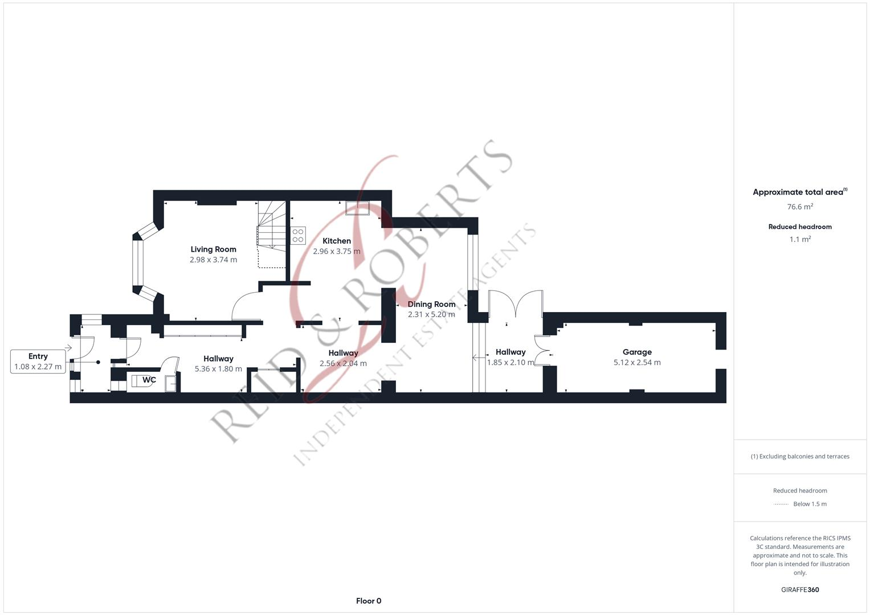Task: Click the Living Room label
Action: [213, 249]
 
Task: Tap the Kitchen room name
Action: [337, 241]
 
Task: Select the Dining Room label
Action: [431, 304]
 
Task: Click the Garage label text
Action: [637, 352]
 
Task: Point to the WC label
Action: [149, 380]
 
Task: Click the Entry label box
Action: [38, 362]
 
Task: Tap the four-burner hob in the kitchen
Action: [298, 235]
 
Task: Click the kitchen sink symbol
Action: [358, 208]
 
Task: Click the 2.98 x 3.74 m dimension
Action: [213, 260]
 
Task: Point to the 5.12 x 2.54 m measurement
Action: [637, 362]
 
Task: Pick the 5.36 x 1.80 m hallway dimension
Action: [218, 369]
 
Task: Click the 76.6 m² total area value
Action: [800, 207]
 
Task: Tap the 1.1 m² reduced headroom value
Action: [800, 239]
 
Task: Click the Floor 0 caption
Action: [369, 601]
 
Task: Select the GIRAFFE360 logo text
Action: [800, 589]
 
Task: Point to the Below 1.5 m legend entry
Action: [810, 504]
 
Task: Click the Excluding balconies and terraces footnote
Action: [800, 456]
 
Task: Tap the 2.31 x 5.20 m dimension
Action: [431, 314]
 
